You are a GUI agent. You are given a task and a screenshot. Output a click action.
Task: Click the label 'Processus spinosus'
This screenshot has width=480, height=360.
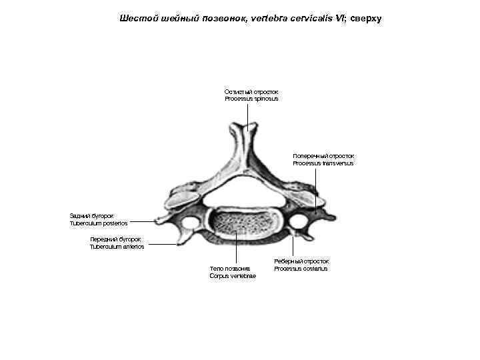pos(251,99)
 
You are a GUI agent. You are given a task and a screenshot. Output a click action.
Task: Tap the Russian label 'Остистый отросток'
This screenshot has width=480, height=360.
pos(251,91)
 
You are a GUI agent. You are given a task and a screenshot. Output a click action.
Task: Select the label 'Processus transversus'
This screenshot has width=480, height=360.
pos(323,163)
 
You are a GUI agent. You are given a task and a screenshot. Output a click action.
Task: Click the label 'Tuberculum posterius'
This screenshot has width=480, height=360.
pos(98,223)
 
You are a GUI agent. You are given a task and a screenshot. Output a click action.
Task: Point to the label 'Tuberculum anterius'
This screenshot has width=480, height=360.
pos(117,247)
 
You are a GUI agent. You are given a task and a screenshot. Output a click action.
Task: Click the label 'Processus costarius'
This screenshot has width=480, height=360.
pos(301,269)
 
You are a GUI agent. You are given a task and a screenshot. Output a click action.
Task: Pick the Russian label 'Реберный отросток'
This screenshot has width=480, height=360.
pos(301,261)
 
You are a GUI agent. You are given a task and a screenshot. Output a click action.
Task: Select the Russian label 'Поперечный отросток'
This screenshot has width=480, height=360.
pos(323,155)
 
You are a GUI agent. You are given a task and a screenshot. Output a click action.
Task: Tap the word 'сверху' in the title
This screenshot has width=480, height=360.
pos(364,19)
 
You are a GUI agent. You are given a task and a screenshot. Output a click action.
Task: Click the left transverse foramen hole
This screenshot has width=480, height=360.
pos(190,221)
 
